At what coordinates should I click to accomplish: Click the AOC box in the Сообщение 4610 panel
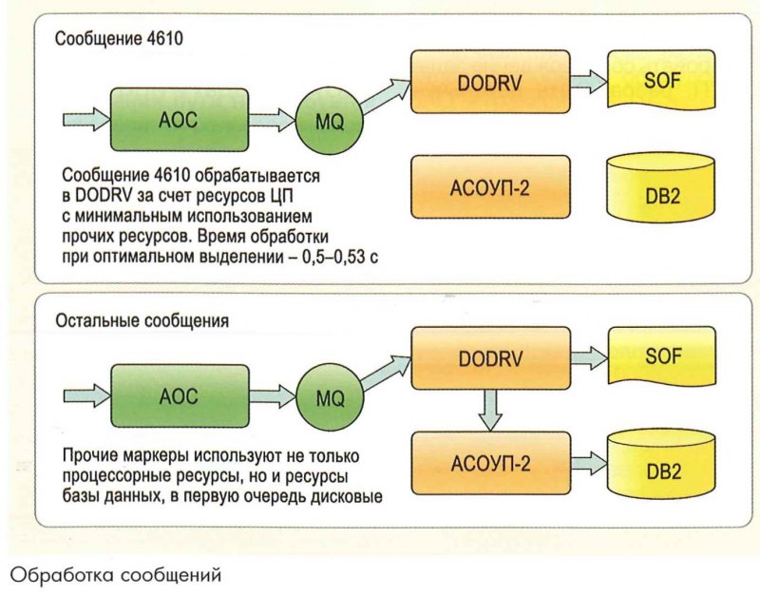[165, 120]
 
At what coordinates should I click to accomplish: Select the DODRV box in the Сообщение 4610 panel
[490, 83]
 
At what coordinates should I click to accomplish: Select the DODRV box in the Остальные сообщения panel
[490, 359]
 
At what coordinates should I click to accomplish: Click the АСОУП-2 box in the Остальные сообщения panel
[490, 464]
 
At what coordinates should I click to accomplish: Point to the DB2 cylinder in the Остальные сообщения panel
[662, 469]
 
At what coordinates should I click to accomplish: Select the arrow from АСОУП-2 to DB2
[590, 465]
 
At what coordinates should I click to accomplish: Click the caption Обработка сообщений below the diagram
[116, 575]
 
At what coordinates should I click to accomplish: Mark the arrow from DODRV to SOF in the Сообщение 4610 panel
[590, 82]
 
